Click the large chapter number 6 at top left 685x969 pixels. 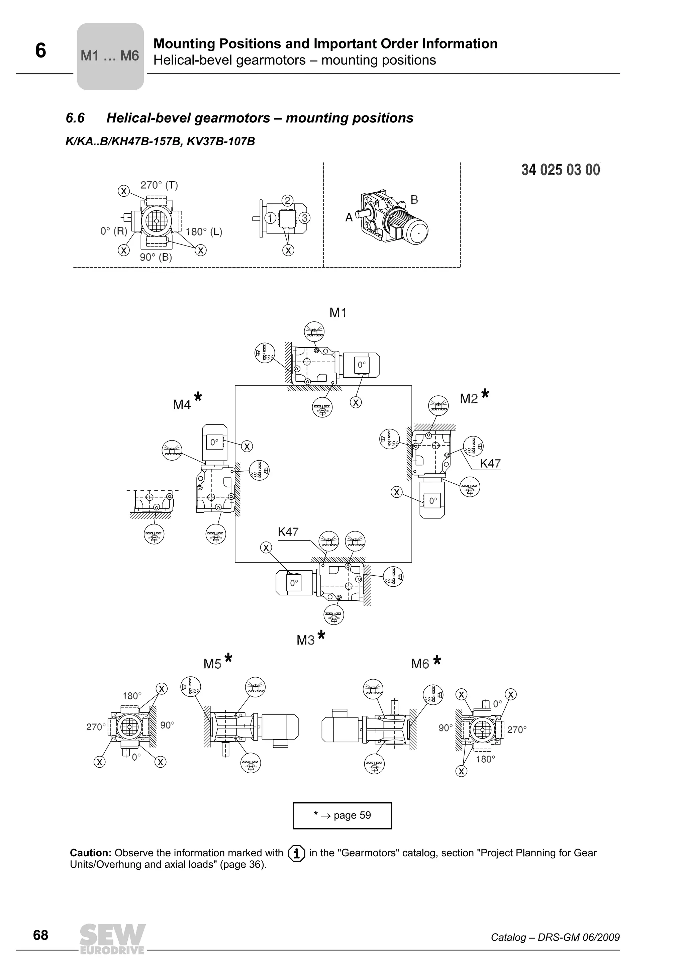(x=40, y=51)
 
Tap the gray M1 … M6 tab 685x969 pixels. (x=110, y=56)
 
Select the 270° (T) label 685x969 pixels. (x=159, y=185)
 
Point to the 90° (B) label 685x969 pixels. (x=156, y=257)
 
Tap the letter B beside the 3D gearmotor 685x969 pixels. (x=414, y=200)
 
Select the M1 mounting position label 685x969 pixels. (x=337, y=313)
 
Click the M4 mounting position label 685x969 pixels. (x=182, y=405)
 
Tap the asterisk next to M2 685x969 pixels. (x=485, y=394)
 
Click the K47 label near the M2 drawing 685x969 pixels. (x=490, y=463)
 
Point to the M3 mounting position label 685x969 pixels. (x=306, y=640)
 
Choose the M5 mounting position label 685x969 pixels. (x=212, y=664)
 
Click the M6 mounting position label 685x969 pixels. (x=420, y=664)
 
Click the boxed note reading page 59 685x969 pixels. (x=342, y=815)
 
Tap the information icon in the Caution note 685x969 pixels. (x=296, y=853)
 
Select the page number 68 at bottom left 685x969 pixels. (x=40, y=935)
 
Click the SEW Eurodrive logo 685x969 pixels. (x=112, y=939)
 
